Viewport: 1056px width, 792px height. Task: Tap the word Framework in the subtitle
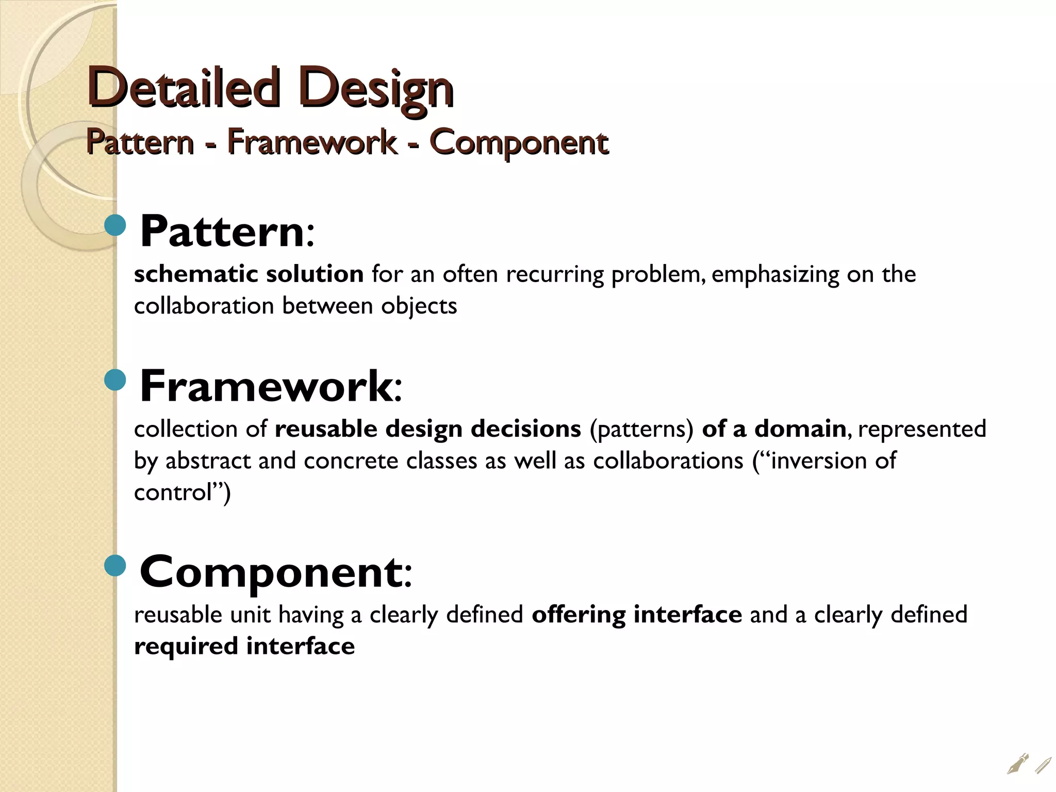tap(311, 142)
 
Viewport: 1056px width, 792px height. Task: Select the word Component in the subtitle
tap(519, 142)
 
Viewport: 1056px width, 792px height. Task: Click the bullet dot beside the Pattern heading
tap(115, 225)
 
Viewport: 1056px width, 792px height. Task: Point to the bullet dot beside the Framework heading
tap(115, 380)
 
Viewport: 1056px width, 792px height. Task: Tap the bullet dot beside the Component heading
tap(115, 566)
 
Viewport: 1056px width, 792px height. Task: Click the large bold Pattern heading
tap(223, 232)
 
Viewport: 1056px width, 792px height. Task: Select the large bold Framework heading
tap(267, 386)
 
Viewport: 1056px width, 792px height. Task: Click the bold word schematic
tap(195, 274)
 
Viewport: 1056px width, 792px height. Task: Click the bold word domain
tap(800, 429)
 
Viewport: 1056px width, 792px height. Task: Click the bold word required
tap(186, 647)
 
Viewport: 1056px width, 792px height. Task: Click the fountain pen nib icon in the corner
tap(1017, 764)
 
